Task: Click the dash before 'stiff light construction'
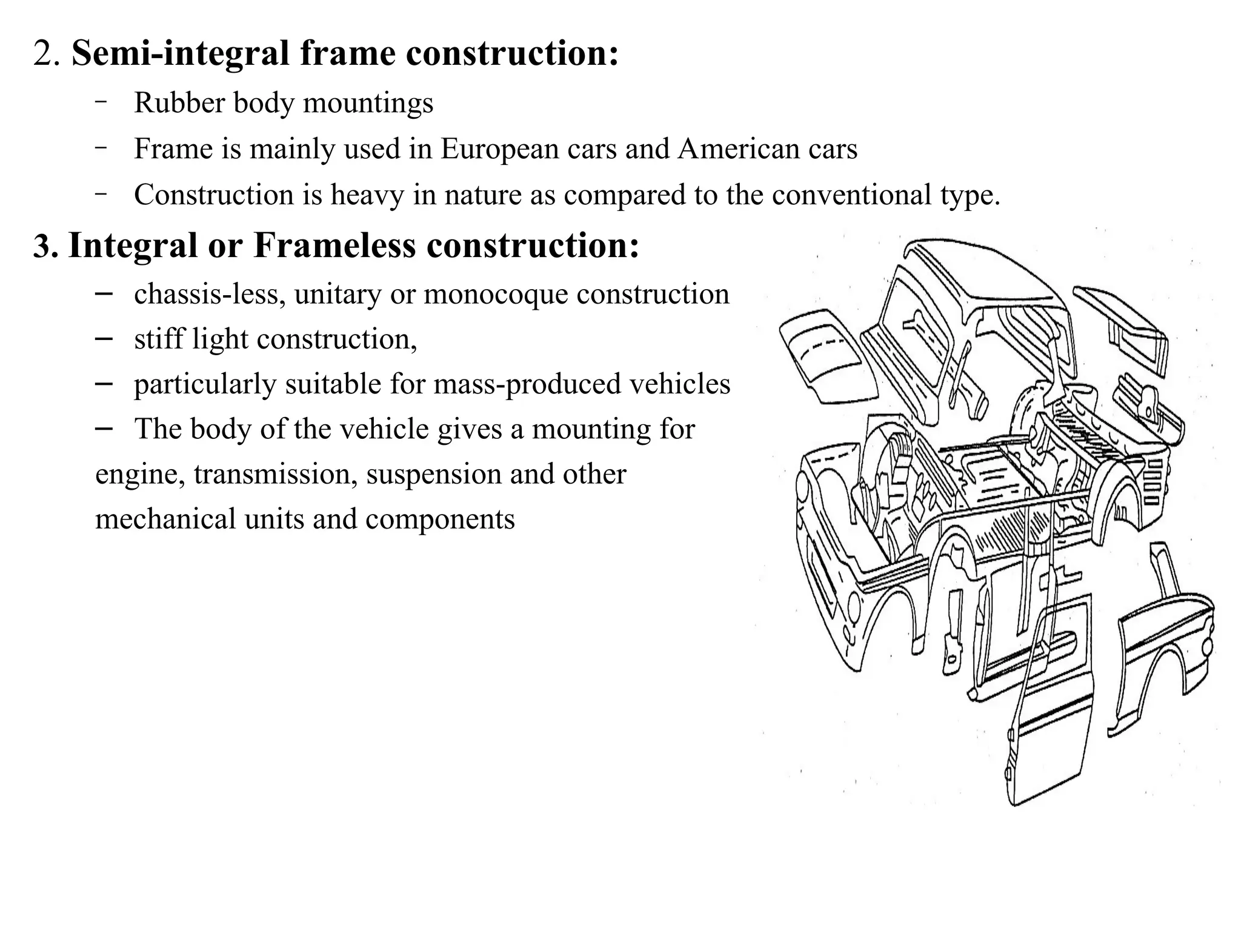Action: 104,338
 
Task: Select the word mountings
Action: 368,104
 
